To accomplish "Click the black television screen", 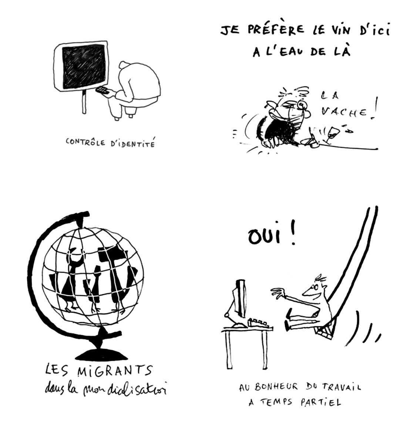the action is (83, 67).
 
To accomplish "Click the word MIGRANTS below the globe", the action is (115, 371).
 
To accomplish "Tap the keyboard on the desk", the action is (260, 323).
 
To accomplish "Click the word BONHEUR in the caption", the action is (276, 387).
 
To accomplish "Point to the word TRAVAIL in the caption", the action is (341, 387).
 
